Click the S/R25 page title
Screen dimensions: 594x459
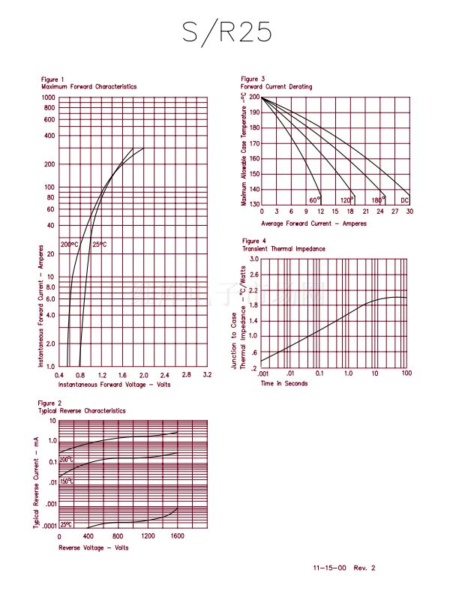226,32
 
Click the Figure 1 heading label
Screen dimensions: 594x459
52,79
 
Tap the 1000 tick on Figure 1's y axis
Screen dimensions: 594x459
49,97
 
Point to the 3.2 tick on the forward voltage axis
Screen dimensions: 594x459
207,374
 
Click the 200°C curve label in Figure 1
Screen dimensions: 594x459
69,245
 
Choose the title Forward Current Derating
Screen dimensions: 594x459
276,87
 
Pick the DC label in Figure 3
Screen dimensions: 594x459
404,200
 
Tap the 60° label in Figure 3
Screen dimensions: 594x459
314,200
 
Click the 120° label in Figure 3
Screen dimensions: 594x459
346,200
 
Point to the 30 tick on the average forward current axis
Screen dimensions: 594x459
409,212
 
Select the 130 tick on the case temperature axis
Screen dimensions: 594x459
254,204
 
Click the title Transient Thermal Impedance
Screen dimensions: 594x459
283,248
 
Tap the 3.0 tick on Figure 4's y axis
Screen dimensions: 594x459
254,259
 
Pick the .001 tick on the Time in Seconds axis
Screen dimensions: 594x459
263,373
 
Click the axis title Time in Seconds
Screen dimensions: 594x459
284,384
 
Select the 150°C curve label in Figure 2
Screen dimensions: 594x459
67,481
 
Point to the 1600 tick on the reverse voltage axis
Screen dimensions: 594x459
178,536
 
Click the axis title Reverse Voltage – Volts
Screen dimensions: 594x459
94,547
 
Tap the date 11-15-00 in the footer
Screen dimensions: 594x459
331,568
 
